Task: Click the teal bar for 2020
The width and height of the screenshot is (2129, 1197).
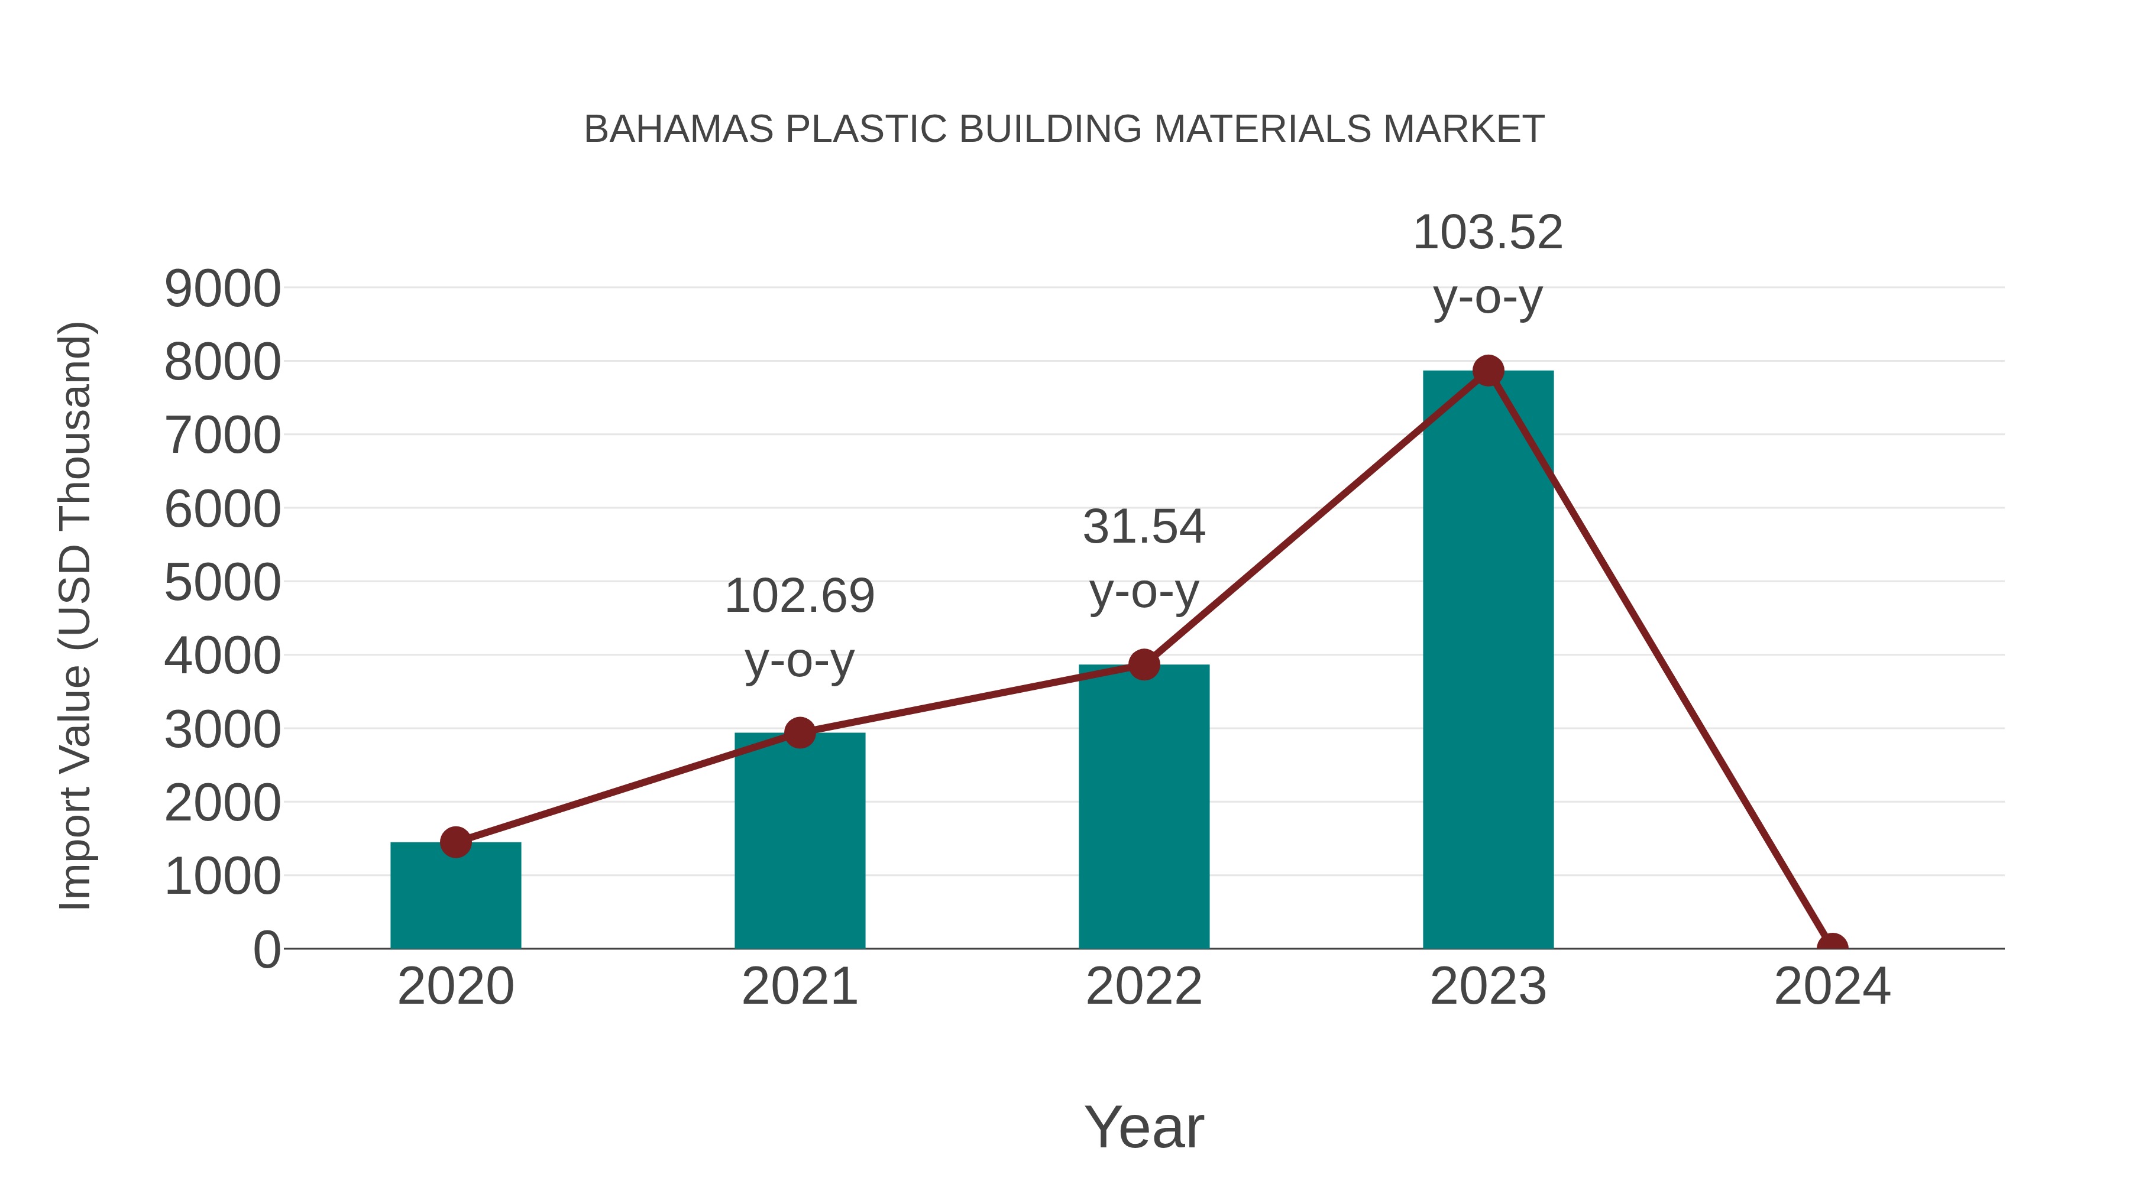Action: tap(455, 900)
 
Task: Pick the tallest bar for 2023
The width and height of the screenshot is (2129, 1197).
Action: tap(1488, 661)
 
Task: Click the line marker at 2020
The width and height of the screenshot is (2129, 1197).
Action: tap(455, 842)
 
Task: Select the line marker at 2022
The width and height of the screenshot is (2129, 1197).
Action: tap(1144, 664)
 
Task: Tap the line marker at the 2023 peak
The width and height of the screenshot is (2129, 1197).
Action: tap(1488, 371)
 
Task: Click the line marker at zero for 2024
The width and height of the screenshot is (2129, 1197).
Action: tap(1832, 947)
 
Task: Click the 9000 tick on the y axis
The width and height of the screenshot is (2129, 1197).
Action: tap(222, 289)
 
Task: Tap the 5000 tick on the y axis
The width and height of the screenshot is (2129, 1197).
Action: tap(222, 583)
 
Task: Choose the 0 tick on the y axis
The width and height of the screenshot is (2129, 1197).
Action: tap(266, 950)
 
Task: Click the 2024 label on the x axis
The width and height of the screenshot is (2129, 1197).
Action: tap(1832, 987)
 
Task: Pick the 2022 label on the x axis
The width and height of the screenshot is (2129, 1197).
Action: tap(1144, 987)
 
